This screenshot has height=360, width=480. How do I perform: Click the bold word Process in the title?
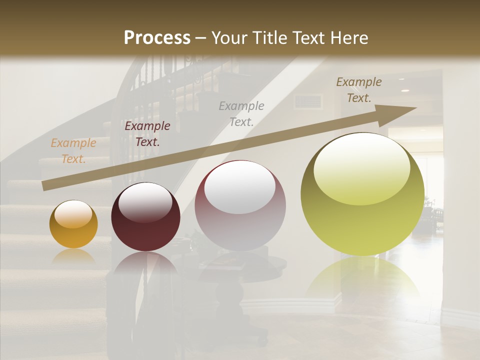tap(157, 38)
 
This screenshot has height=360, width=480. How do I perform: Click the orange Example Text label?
tap(73, 151)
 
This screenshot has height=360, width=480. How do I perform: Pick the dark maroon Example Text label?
tap(147, 133)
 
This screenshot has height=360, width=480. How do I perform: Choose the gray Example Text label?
tap(241, 113)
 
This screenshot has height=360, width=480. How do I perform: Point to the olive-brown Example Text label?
tap(358, 90)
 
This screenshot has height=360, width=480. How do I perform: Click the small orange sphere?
tap(73, 224)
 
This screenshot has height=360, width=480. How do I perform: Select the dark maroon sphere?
tap(145, 217)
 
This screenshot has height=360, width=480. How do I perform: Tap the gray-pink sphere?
tap(240, 205)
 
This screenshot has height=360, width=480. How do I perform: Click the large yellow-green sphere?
tap(362, 194)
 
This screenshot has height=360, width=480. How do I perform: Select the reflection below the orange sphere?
tap(73, 257)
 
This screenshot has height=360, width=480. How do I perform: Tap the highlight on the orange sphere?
tap(73, 214)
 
